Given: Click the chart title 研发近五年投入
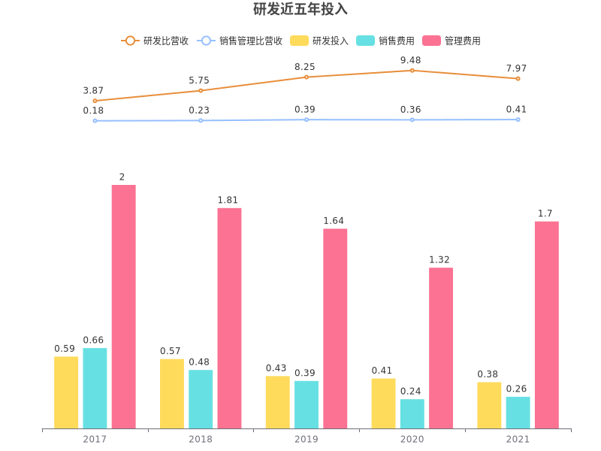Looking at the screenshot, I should pyautogui.click(x=300, y=10).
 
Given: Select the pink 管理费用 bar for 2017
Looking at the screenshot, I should pyautogui.click(x=123, y=307).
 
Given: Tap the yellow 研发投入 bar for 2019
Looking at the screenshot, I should pyautogui.click(x=277, y=402).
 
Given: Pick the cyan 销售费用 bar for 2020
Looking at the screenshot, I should pyautogui.click(x=412, y=413).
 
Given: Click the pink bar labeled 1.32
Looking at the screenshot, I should pyautogui.click(x=441, y=348).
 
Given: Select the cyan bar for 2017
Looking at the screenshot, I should pyautogui.click(x=95, y=388).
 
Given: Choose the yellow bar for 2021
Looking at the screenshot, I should pyautogui.click(x=489, y=405).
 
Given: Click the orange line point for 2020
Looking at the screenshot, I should pyautogui.click(x=412, y=71).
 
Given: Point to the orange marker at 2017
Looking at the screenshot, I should pyautogui.click(x=95, y=101).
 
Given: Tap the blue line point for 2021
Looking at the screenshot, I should pyautogui.click(x=518, y=120).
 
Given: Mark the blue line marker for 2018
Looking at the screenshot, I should pyautogui.click(x=201, y=120).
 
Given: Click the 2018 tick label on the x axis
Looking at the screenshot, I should pyautogui.click(x=201, y=439).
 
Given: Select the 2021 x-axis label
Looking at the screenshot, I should pyautogui.click(x=518, y=439).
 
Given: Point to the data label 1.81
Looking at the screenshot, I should pyautogui.click(x=228, y=200).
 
